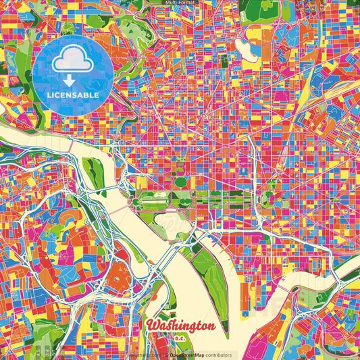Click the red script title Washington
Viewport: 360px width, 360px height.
(x=181, y=326)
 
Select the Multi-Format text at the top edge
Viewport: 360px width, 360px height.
(x=180, y=3)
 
